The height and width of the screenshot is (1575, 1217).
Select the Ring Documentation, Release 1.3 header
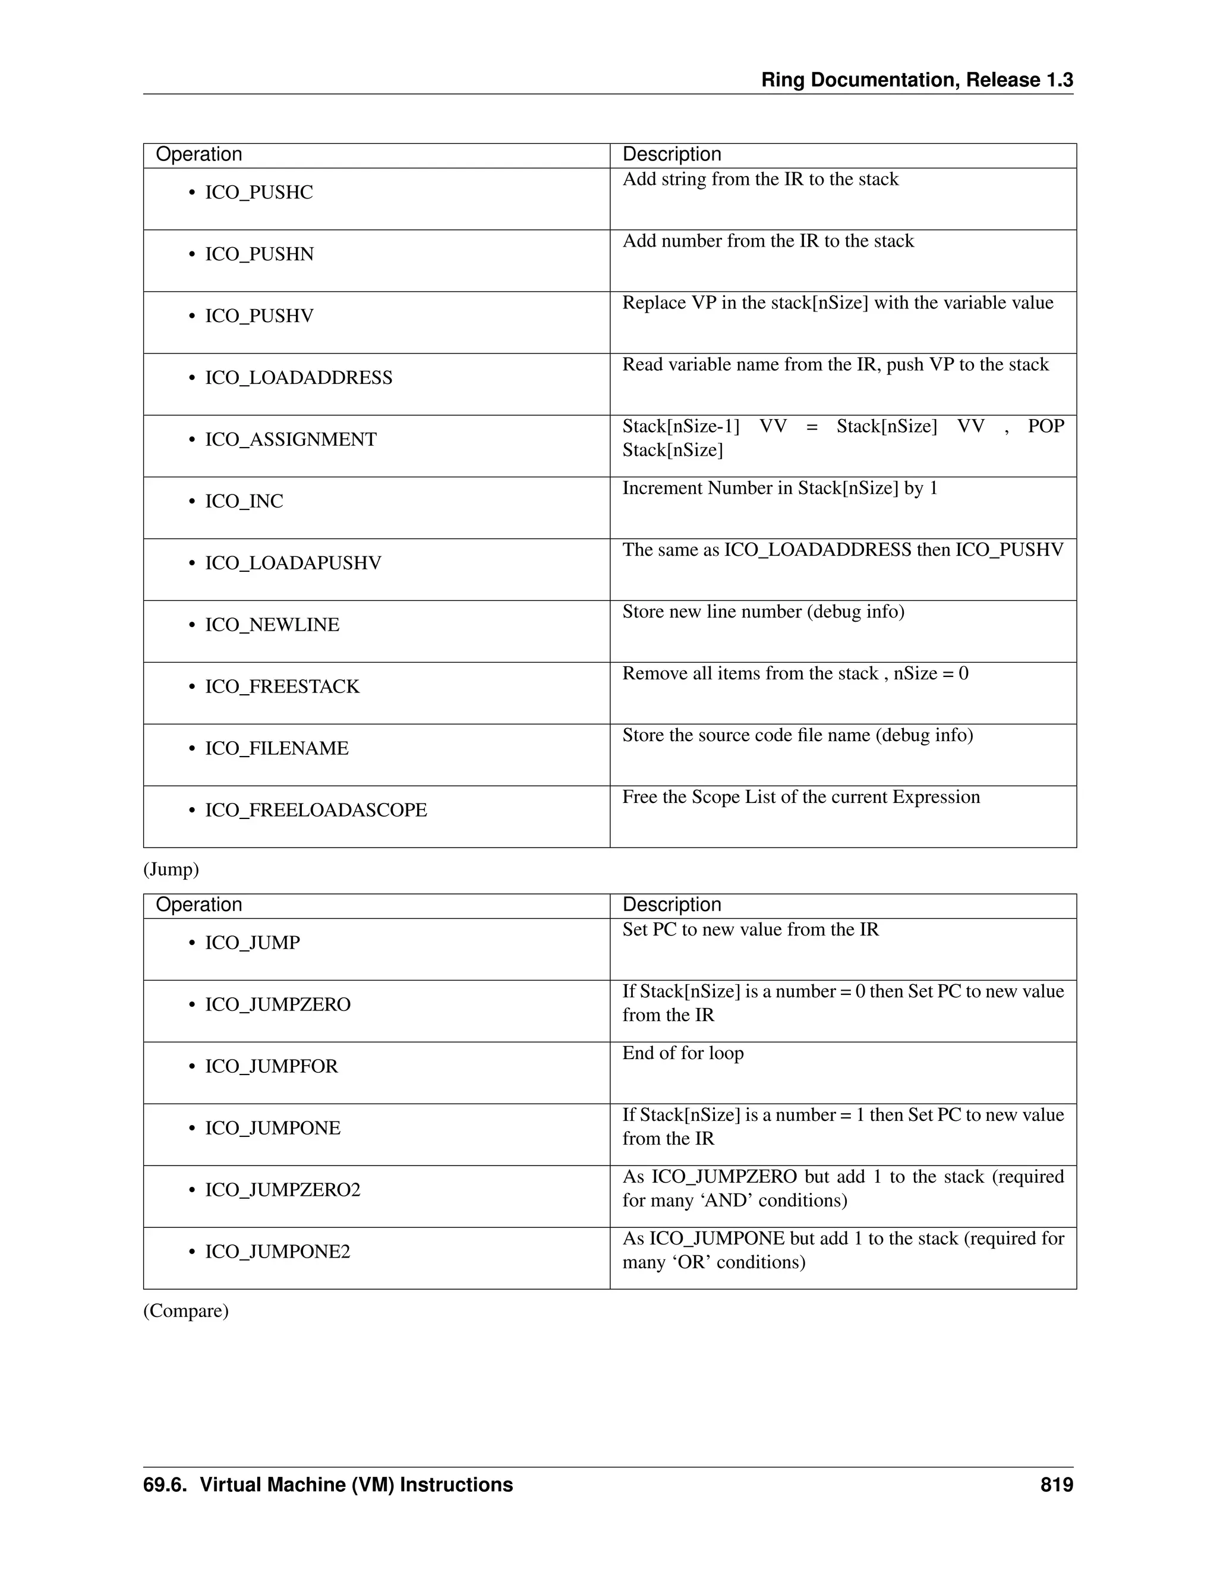[x=917, y=80]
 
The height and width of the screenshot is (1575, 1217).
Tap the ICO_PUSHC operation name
[x=259, y=193]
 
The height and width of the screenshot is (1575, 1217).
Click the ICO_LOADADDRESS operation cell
[x=298, y=378]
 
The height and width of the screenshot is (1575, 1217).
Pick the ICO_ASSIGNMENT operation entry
[x=291, y=440]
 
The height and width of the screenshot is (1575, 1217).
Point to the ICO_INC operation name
[x=244, y=501]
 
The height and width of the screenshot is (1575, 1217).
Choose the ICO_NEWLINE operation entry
[x=272, y=625]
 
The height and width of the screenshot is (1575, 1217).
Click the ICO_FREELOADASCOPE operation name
[x=316, y=811]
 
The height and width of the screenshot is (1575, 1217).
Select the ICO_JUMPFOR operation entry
[x=271, y=1067]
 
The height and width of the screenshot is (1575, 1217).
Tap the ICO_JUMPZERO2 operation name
[x=283, y=1190]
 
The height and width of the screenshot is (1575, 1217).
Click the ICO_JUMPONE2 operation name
[x=278, y=1252]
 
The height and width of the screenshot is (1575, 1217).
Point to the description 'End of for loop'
[x=683, y=1054]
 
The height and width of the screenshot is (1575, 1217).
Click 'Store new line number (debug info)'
[x=763, y=612]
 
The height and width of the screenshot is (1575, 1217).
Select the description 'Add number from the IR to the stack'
[x=768, y=241]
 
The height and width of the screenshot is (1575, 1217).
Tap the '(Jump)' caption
[x=171, y=870]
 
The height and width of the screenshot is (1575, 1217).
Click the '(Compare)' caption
[x=186, y=1311]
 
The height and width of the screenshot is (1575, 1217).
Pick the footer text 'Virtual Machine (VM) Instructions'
[x=356, y=1485]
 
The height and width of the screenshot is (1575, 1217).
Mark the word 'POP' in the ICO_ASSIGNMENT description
[x=1045, y=427]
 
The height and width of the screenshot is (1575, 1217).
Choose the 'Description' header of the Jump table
[x=671, y=905]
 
